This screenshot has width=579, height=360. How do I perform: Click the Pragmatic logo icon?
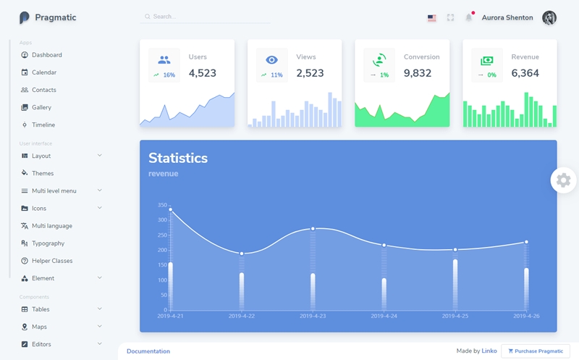coord(24,17)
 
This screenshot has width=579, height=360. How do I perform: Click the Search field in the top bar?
coord(205,17)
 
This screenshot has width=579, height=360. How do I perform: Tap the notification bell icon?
coord(468,17)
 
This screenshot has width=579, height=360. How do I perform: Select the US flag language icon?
coord(431,17)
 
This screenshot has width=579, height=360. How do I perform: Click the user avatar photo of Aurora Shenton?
coord(549,17)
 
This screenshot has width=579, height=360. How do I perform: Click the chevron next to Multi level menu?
coord(100,191)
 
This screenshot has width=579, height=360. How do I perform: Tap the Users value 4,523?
coord(203,73)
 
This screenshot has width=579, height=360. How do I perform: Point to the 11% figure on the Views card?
coord(276,75)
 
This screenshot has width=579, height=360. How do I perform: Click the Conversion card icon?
coord(379,59)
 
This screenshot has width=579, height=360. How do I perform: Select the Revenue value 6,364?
coord(525,73)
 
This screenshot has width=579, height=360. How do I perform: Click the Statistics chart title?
coord(178,158)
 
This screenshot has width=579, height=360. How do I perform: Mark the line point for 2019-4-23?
coord(313,229)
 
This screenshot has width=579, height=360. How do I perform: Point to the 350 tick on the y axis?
coord(162,205)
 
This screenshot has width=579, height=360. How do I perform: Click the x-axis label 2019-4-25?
coord(455,316)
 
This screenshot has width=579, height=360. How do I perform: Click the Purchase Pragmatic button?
coord(536,351)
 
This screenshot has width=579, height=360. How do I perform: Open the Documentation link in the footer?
coord(148,351)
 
